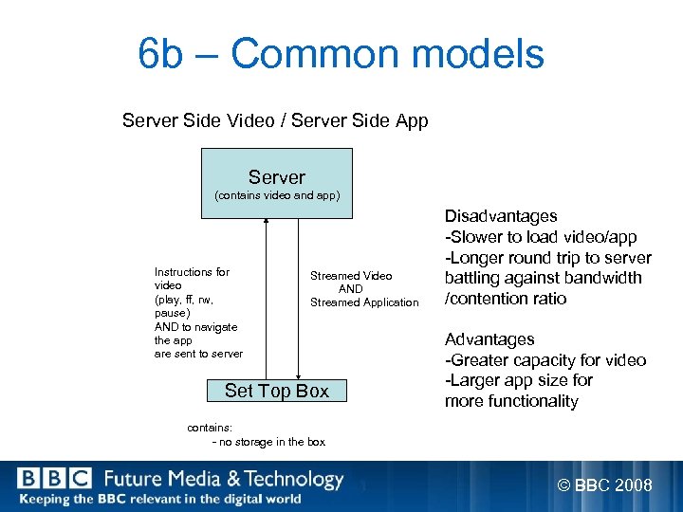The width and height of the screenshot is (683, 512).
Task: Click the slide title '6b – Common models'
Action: click(x=341, y=54)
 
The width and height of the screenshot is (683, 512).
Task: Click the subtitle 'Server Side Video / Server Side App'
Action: click(x=275, y=121)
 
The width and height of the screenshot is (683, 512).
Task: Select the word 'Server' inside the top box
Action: click(x=277, y=177)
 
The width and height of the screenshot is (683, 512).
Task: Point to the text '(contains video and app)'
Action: click(x=277, y=196)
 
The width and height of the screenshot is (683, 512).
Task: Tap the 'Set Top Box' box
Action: click(x=276, y=391)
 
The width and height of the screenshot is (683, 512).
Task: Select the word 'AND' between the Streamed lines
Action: click(x=350, y=289)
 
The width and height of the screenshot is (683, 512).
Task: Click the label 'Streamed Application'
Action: click(x=364, y=302)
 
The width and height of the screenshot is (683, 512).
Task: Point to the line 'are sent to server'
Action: click(x=198, y=354)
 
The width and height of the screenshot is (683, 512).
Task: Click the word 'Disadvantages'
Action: click(x=501, y=216)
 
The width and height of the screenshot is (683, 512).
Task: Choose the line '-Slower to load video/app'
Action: click(x=541, y=237)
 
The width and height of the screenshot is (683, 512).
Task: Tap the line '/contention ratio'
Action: click(x=506, y=299)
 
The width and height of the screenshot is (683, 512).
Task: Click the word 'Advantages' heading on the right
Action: click(x=489, y=339)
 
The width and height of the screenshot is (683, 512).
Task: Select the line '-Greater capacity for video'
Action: click(x=545, y=360)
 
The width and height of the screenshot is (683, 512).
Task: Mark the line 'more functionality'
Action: click(x=511, y=401)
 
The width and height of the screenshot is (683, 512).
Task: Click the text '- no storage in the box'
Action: click(x=269, y=442)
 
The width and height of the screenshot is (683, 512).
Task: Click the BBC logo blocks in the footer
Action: click(x=54, y=480)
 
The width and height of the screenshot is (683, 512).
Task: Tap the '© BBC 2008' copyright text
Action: click(x=604, y=485)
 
